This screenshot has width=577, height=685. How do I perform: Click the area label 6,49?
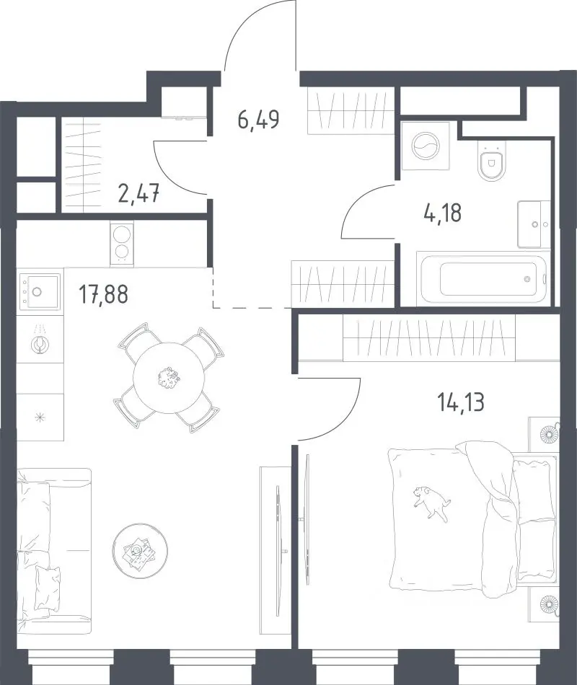[x=258, y=119]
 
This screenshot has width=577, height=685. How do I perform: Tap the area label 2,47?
[x=138, y=193]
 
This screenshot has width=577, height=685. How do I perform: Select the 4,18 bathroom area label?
[x=442, y=214]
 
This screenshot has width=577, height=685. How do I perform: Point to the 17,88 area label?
[x=104, y=294]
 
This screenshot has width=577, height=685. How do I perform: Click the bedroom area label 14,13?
[x=461, y=402]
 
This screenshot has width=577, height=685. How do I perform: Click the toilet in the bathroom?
[x=492, y=161]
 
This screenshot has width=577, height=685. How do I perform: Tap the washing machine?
[x=426, y=146]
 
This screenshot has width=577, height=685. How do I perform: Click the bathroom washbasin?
[x=533, y=224]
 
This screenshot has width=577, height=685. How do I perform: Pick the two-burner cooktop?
[x=122, y=244]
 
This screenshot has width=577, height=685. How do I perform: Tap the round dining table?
[x=169, y=377]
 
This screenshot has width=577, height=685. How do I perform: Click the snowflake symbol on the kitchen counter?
[x=40, y=417]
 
